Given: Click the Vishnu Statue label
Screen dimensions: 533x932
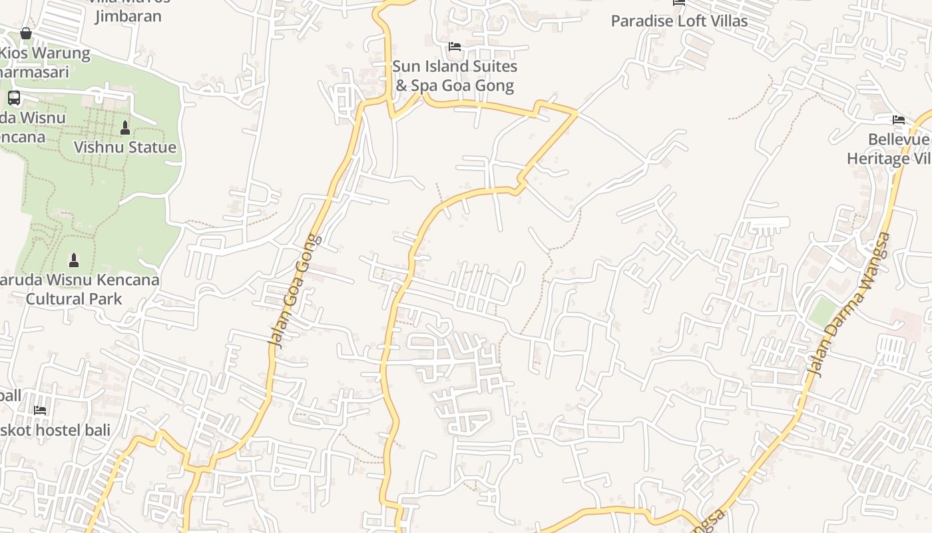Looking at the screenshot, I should click(x=125, y=147).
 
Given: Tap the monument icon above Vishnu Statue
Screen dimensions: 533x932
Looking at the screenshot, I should click(x=124, y=127).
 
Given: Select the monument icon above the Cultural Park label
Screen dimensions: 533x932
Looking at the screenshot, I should click(x=74, y=260).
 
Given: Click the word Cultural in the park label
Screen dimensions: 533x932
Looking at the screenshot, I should click(x=55, y=298).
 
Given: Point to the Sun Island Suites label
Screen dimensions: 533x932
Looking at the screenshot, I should click(x=455, y=67).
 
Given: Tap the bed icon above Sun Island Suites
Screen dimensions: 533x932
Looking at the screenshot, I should click(x=455, y=47).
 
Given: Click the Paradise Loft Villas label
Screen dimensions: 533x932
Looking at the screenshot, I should click(x=679, y=21).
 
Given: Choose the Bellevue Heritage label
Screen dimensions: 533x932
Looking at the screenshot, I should click(x=888, y=149).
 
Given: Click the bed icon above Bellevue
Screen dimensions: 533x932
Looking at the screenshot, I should click(x=899, y=120).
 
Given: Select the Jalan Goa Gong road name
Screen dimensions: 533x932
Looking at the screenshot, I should click(x=294, y=290).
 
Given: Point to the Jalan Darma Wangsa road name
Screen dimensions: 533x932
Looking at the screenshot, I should click(x=847, y=304).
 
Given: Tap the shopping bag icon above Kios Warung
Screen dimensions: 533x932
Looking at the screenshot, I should click(x=26, y=33).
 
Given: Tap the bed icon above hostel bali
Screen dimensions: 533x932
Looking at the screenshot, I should click(x=40, y=410).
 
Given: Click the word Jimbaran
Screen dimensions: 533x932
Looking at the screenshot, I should click(x=128, y=16).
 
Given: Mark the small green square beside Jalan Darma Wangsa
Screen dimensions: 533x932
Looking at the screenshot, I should click(x=823, y=311).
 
